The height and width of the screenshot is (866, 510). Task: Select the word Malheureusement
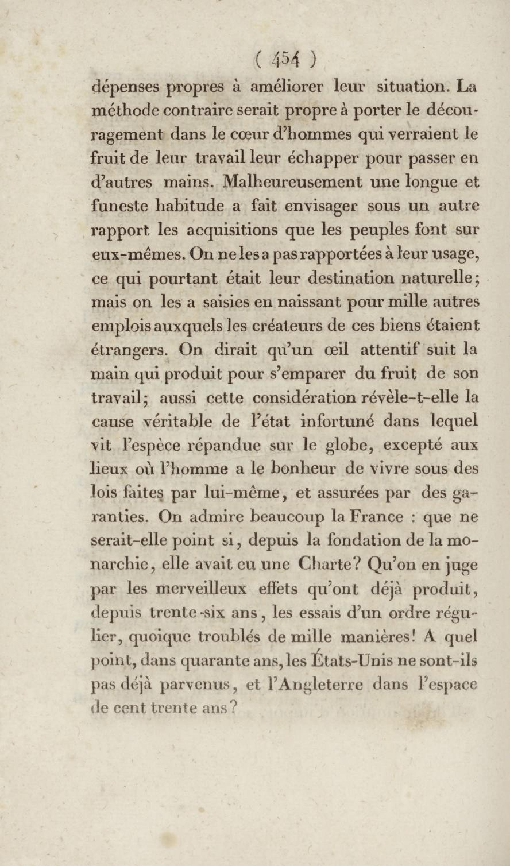[292, 182]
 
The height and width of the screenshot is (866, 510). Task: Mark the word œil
[336, 349]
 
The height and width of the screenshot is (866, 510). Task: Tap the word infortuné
[337, 421]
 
